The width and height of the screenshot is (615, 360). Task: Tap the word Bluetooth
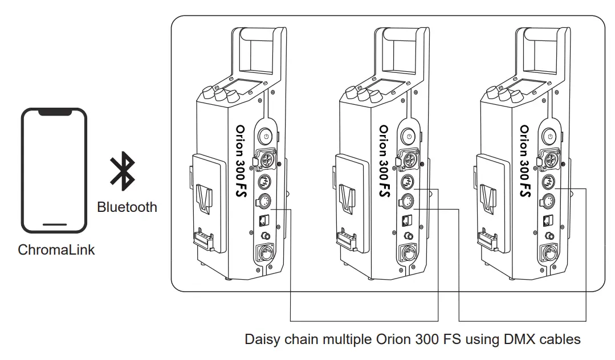pyautogui.click(x=127, y=207)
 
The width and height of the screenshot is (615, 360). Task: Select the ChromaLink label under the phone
pyautogui.click(x=56, y=249)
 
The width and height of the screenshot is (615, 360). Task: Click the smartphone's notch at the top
pyautogui.click(x=55, y=113)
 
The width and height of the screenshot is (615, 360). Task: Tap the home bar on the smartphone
pyautogui.click(x=55, y=224)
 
